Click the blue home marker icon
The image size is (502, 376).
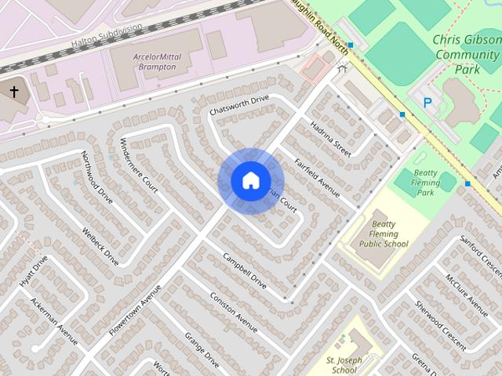click(x=250, y=180)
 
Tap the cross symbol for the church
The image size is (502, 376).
click(x=13, y=92)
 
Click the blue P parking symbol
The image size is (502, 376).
click(x=427, y=102)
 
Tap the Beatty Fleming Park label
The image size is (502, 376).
click(x=426, y=182)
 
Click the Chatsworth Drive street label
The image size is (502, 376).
click(x=239, y=106)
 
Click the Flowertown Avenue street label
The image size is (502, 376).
click(x=135, y=310)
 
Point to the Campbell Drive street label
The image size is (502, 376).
click(x=245, y=268)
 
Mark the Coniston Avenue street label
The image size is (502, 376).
click(x=234, y=313)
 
